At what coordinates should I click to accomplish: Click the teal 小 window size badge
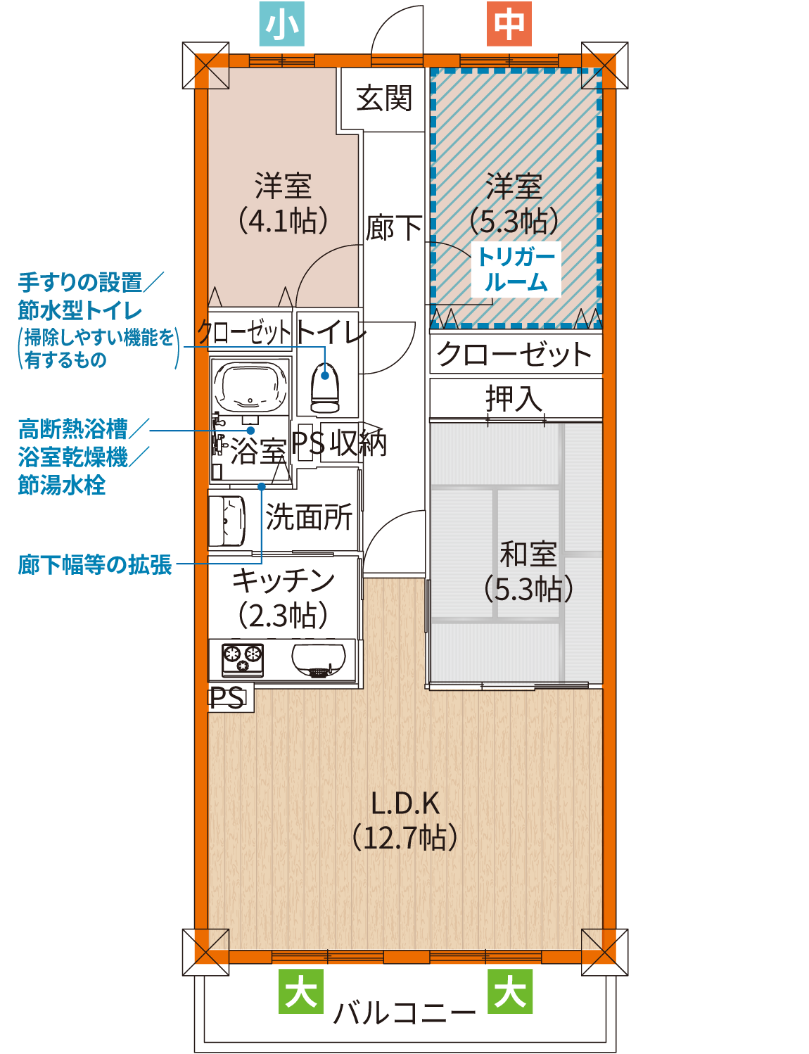click(x=281, y=23)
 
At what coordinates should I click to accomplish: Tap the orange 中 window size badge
click(x=509, y=23)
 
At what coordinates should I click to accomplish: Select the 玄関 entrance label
click(x=384, y=99)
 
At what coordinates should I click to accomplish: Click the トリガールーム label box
click(x=516, y=269)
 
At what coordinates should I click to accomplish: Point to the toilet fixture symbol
click(x=325, y=388)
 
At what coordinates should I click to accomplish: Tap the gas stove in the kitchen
click(x=243, y=660)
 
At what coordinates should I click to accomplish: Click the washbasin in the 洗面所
click(x=227, y=521)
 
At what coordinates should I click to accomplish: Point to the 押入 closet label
click(x=514, y=398)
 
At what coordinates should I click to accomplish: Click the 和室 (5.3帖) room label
click(x=528, y=572)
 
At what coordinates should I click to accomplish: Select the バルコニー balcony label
click(x=404, y=1013)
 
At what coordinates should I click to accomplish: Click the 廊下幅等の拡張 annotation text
click(x=95, y=565)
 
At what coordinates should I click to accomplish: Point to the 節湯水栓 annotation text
click(x=62, y=485)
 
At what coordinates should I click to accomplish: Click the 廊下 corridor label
click(x=393, y=227)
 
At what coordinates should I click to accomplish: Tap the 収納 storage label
click(x=358, y=443)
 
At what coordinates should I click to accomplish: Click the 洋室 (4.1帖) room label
click(x=283, y=203)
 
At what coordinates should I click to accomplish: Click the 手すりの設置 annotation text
click(x=79, y=282)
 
